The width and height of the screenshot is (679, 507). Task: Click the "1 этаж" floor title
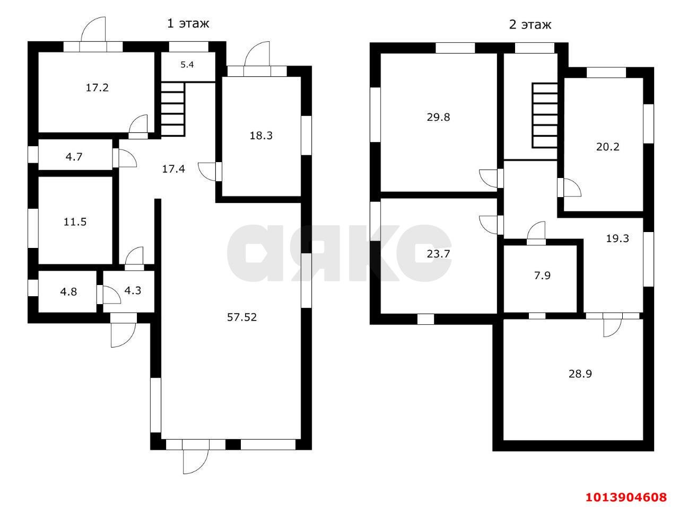pyautogui.click(x=188, y=23)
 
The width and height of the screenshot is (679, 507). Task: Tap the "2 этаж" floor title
pyautogui.click(x=530, y=24)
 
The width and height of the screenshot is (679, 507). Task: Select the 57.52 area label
pyautogui.click(x=242, y=317)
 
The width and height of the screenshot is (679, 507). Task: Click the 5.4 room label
pyautogui.click(x=187, y=65)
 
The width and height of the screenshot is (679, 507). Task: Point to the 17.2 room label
pyautogui.click(x=97, y=87)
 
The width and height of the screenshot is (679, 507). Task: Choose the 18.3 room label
pyautogui.click(x=261, y=135)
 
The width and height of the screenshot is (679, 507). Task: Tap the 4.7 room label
pyautogui.click(x=74, y=156)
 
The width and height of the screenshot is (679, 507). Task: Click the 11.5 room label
pyautogui.click(x=75, y=222)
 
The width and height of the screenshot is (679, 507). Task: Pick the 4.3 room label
pyautogui.click(x=133, y=290)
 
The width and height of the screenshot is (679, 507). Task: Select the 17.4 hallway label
pyautogui.click(x=174, y=169)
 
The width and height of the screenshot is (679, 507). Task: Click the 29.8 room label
pyautogui.click(x=438, y=117)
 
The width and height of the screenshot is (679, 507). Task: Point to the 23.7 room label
pyautogui.click(x=438, y=254)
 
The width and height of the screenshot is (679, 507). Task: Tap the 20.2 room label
pyautogui.click(x=608, y=147)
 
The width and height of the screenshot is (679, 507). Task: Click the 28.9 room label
pyautogui.click(x=580, y=373)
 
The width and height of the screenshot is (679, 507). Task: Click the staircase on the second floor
pyautogui.click(x=545, y=115)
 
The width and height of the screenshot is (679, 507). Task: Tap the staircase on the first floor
pyautogui.click(x=172, y=109)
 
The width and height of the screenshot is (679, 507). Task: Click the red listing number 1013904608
pyautogui.click(x=625, y=497)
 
